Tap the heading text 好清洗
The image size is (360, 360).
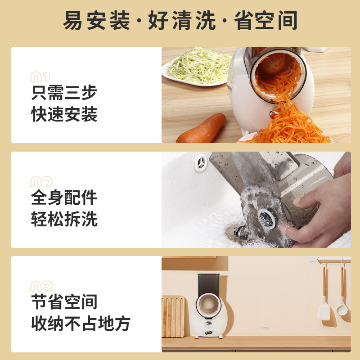pyautogui.click(x=181, y=21)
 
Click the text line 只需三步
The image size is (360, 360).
pyautogui.click(x=64, y=93)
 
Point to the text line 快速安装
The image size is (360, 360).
pyautogui.click(x=64, y=114)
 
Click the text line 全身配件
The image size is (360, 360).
pyautogui.click(x=64, y=198)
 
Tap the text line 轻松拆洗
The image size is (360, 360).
pyautogui.click(x=64, y=219)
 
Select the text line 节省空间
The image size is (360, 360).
pyautogui.click(x=64, y=302)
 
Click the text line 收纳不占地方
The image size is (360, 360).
pyautogui.click(x=81, y=323)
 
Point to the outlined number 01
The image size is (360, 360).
pyautogui.click(x=40, y=77)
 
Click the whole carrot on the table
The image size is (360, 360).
pyautogui.click(x=202, y=128)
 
